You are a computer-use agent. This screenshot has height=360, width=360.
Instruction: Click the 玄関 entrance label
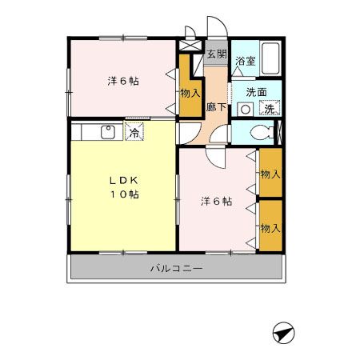pos(216,55)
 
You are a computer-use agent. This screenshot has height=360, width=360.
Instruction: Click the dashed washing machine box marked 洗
pos(270,109)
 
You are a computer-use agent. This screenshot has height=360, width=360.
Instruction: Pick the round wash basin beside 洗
pos(247,109)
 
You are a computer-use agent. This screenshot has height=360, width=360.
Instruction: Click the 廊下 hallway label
pos(215,106)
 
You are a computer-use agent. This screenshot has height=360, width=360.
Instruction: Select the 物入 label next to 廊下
pos(189,94)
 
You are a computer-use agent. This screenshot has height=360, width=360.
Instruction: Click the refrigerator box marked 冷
pos(135,132)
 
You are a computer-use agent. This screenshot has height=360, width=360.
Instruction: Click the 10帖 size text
pos(124,194)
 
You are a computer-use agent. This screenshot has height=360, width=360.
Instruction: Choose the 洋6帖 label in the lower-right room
pos(216,202)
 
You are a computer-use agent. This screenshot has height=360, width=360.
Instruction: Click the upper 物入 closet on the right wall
pos(270,174)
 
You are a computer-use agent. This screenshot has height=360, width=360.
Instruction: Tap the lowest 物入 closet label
pos(270,228)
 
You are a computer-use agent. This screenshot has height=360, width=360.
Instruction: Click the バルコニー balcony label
pos(177,269)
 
